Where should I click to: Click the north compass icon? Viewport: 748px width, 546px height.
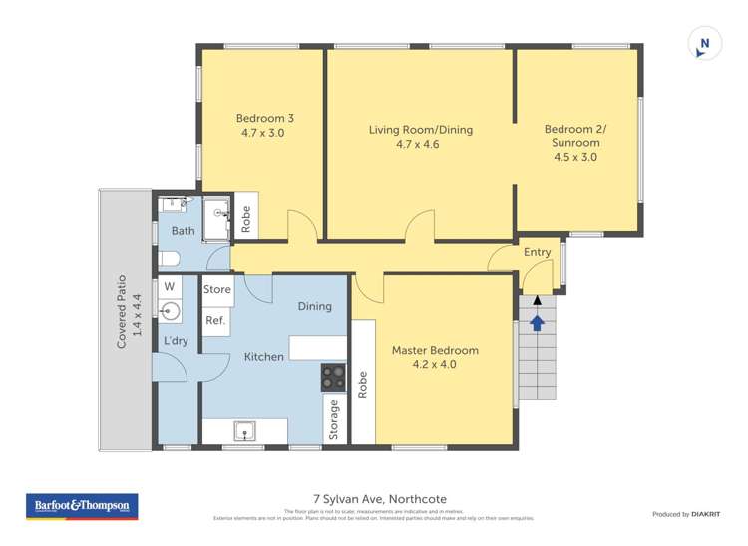coord(704,43)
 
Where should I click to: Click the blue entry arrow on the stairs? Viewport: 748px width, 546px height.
coord(537,322)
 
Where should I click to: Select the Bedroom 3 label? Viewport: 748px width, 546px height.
coord(264,117)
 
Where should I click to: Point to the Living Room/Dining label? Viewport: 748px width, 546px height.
coord(420,130)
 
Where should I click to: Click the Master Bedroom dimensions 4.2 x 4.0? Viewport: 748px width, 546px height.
coord(434,365)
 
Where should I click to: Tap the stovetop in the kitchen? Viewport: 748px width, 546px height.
coord(333,377)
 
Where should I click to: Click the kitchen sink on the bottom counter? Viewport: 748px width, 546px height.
coord(244,431)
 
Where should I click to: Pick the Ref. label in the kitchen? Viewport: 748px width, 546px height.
coord(215,320)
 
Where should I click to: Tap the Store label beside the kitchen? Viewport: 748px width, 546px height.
coord(216,290)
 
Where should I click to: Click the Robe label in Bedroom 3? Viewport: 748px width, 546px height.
coord(245,219)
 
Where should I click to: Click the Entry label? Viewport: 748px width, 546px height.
coord(537,252)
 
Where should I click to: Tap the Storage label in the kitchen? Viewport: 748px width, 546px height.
coord(334,418)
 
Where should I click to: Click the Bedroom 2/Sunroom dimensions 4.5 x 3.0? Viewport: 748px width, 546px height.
coord(576,157)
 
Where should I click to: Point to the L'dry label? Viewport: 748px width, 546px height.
coord(176,342)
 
